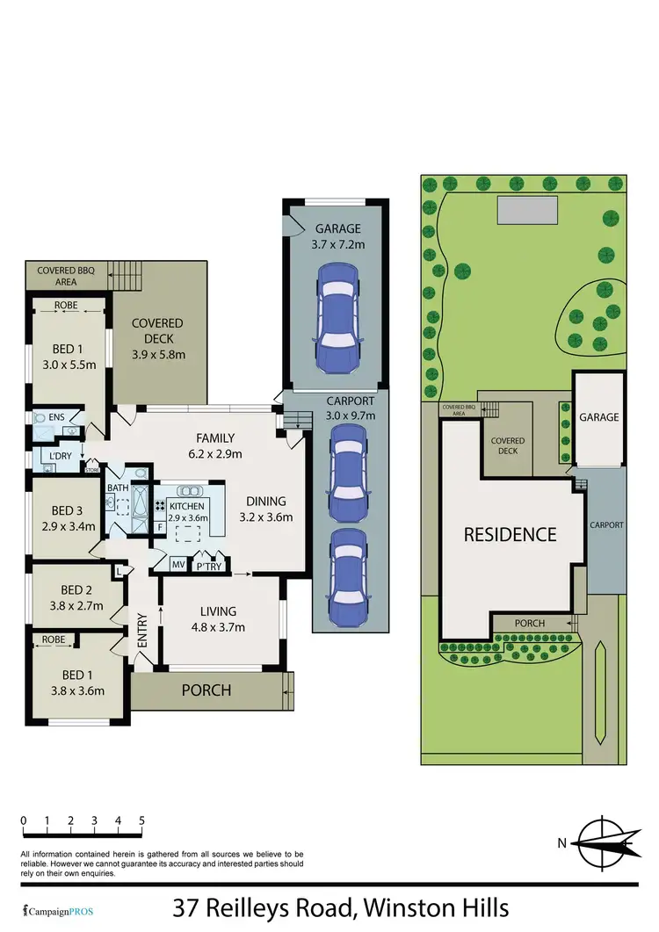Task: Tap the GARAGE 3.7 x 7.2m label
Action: click(338, 237)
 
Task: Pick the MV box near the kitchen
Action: click(178, 565)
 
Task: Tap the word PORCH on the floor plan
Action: click(206, 690)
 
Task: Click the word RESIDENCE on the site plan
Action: click(510, 534)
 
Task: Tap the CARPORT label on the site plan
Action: click(606, 524)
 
